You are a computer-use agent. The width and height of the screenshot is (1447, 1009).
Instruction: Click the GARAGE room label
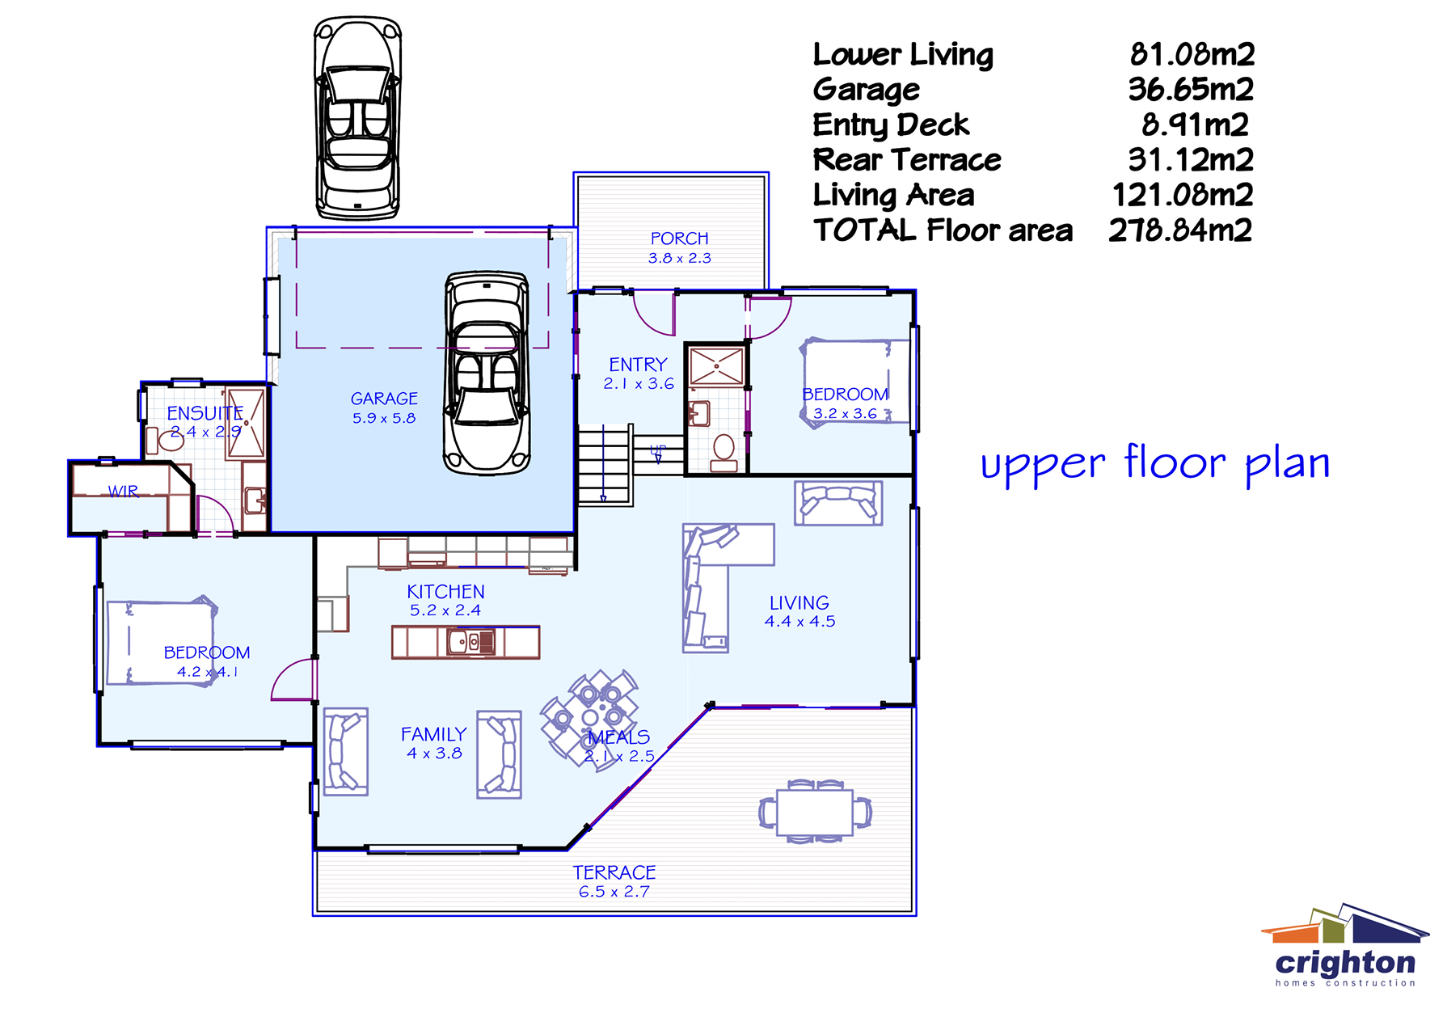point(384,399)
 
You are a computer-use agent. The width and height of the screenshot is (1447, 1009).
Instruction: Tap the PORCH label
point(679,239)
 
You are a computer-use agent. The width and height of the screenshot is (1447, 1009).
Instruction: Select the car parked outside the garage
point(357,117)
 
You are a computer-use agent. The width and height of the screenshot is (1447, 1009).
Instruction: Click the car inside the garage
point(487,372)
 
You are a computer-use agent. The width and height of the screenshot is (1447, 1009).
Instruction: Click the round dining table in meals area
point(590,717)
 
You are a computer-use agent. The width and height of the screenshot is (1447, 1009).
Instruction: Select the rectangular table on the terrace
point(814,813)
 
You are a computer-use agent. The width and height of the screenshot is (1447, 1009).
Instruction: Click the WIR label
point(123,491)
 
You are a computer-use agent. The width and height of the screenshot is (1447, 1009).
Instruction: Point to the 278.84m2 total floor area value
point(1179,230)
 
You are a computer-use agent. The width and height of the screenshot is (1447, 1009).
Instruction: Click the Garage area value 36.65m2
point(1190,89)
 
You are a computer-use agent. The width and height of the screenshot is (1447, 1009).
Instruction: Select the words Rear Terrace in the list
point(906,160)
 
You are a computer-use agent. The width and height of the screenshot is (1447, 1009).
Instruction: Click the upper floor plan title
point(1154,464)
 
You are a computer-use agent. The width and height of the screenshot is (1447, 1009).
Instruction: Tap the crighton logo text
point(1345,963)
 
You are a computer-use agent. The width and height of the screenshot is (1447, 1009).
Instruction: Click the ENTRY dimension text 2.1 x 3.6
point(638,384)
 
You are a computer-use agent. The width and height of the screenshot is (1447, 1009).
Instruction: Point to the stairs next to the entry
point(605,465)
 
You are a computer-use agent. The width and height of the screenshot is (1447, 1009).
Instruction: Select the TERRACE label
point(614,872)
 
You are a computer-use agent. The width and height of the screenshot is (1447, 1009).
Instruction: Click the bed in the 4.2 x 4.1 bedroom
point(160,643)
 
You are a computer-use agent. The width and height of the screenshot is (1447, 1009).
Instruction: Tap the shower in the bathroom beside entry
point(716,366)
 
